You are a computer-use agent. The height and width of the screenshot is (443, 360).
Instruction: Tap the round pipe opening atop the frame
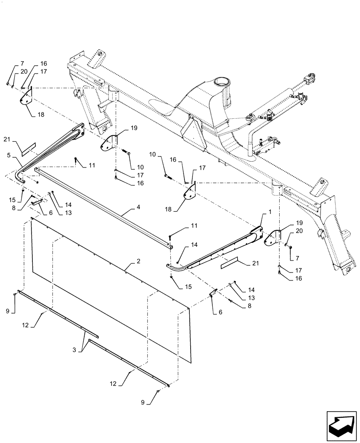tap(220, 82)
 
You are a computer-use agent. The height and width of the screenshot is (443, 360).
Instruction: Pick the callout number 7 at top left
tap(11, 64)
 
